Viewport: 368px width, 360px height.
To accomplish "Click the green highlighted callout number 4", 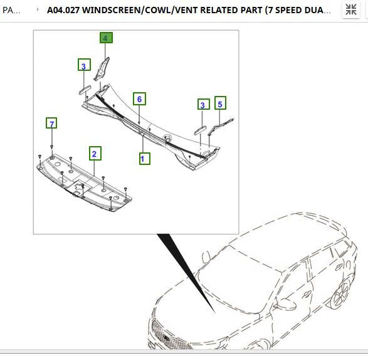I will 105,38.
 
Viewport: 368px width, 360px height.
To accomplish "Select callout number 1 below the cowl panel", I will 144,159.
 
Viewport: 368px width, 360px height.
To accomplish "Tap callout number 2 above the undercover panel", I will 95,153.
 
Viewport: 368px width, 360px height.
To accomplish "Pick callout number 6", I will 139,99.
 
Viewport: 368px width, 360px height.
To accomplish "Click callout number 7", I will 52,123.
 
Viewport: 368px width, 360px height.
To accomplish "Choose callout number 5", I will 220,102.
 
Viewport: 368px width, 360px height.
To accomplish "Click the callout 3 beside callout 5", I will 202,105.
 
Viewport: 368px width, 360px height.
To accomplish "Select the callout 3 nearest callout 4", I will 83,65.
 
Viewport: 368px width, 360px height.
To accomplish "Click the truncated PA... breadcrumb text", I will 12,10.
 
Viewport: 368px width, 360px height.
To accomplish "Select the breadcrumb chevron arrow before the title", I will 38,10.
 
